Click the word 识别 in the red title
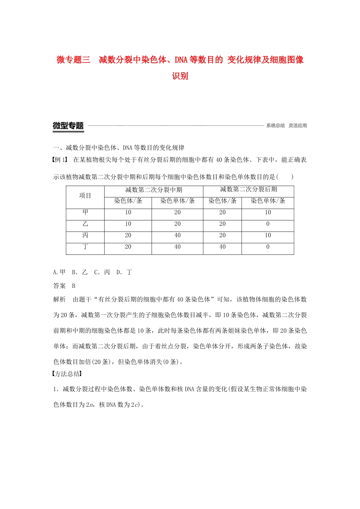180,76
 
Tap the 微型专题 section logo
68,126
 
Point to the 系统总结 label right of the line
275,126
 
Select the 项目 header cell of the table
85,196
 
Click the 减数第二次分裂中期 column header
154,190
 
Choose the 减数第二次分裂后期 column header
249,190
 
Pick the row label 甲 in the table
85,212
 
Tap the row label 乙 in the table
85,224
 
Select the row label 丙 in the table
85,236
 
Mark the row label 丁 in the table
85,247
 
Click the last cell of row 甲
268,212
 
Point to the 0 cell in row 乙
268,224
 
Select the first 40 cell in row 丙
177,236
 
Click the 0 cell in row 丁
268,247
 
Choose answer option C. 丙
102,272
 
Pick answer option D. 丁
124,272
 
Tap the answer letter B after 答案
74,286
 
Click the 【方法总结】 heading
67,374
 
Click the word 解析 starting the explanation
59,300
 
